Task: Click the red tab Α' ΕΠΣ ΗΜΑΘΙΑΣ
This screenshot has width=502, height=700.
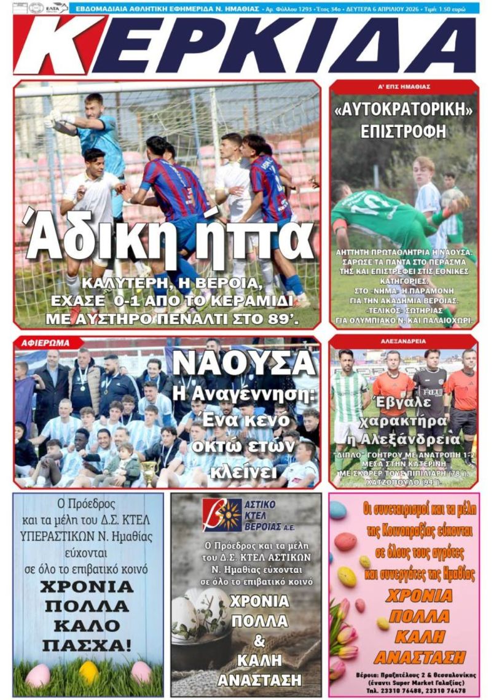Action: pos(404,87)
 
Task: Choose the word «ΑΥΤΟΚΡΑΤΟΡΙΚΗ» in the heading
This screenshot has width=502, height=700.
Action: pos(404,112)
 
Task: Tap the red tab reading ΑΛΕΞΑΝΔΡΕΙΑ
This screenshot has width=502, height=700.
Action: pos(403,341)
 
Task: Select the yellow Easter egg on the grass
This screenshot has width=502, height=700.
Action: pos(88,672)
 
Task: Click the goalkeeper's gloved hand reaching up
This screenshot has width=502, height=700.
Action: pos(52,118)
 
